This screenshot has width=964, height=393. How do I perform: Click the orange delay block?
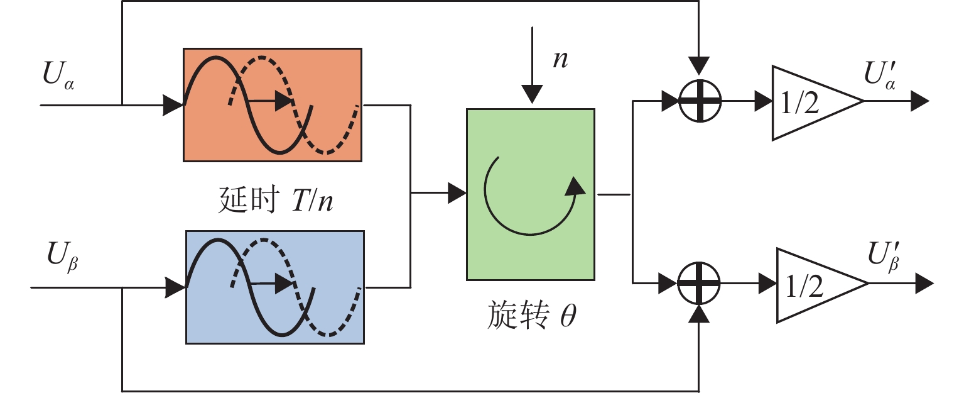(x=272, y=104)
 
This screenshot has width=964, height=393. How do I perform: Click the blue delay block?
(x=274, y=287)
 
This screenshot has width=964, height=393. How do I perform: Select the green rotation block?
(x=529, y=194)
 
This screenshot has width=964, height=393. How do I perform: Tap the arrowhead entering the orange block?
(x=173, y=105)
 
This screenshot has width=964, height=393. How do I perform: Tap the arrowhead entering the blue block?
(x=176, y=287)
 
